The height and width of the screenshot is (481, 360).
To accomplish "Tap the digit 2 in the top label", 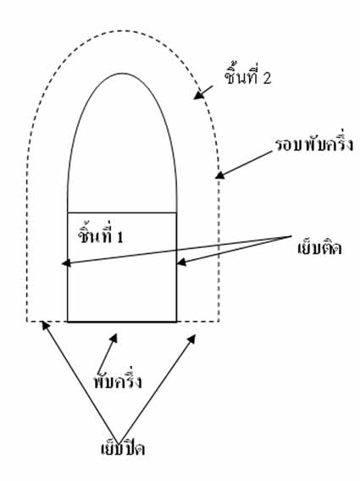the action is coord(267,78).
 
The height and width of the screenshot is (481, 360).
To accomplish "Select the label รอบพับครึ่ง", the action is coord(314,144).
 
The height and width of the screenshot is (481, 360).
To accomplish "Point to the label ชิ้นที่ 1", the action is coord(100,234).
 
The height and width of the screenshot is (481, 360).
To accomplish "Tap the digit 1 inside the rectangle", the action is coord(120,237).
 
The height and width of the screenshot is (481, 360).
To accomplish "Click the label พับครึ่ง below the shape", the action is coord(118,379).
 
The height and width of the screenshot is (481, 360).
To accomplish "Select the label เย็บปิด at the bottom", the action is coord(123,447).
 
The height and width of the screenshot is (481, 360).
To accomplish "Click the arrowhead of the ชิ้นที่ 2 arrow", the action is coord(198,95).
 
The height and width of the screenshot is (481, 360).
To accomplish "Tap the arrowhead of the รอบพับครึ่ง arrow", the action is coord(219,175).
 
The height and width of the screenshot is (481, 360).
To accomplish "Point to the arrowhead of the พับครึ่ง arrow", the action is coord(114,338).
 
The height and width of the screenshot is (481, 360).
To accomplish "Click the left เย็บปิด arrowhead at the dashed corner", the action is coord(45,325).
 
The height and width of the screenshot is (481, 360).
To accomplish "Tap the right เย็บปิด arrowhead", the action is coord(192,339).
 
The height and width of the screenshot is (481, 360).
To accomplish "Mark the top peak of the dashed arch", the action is coord(123,30).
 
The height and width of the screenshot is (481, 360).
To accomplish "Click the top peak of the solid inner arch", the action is coord(122,74).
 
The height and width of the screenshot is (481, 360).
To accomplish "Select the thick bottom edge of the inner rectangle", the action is coord(122,322).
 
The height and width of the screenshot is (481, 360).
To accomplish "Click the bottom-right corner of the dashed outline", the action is coord(219,322).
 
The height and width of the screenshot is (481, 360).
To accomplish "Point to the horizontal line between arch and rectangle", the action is coord(122,213).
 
